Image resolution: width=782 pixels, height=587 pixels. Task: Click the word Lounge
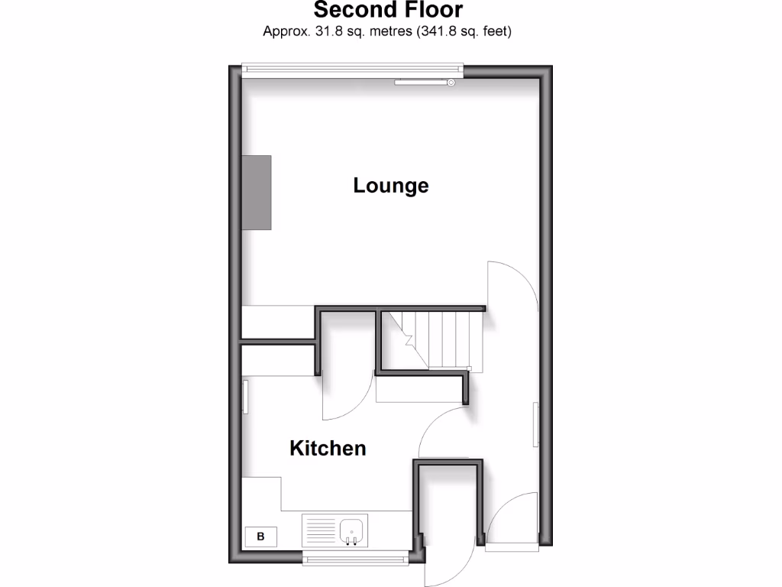pos(390,186)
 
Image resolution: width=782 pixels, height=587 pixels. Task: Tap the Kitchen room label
pos(328,448)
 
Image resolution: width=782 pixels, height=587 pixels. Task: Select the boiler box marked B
pos(260,537)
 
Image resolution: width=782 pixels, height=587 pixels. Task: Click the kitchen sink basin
pos(352,528)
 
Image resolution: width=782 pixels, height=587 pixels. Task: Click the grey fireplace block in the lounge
pos(257,192)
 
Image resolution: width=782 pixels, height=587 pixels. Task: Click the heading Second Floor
pos(388,11)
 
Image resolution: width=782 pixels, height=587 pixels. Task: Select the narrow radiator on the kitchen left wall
pos(245,397)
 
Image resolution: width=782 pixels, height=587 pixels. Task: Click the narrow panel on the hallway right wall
pos(535,425)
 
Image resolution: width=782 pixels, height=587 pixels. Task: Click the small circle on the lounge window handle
pos(451,82)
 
